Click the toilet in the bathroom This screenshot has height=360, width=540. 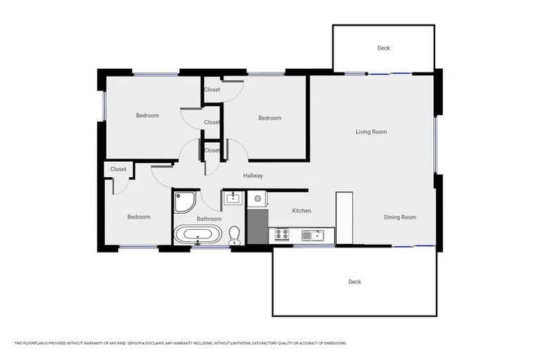[x=234, y=236]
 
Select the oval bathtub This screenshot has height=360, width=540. [x=198, y=234]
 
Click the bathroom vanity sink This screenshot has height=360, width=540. [x=233, y=199]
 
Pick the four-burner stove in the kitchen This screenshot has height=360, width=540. [x=282, y=234]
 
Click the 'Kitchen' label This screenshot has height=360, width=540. [x=302, y=211]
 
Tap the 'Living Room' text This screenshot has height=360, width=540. [x=371, y=131]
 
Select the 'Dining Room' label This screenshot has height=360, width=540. [x=399, y=217]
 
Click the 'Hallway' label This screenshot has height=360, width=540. [x=253, y=176]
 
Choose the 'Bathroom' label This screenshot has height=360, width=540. [x=209, y=219]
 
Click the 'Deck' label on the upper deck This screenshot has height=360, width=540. [x=383, y=48]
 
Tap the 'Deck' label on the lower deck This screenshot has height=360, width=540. [x=354, y=282]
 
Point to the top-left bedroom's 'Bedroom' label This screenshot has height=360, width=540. [x=147, y=115]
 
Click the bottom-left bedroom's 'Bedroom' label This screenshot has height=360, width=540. [x=139, y=217]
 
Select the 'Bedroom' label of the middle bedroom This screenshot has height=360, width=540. [x=269, y=118]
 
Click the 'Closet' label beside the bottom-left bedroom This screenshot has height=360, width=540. [x=118, y=169]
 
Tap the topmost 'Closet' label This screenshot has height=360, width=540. [x=212, y=90]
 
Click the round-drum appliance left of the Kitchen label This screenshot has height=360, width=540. [x=257, y=200]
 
